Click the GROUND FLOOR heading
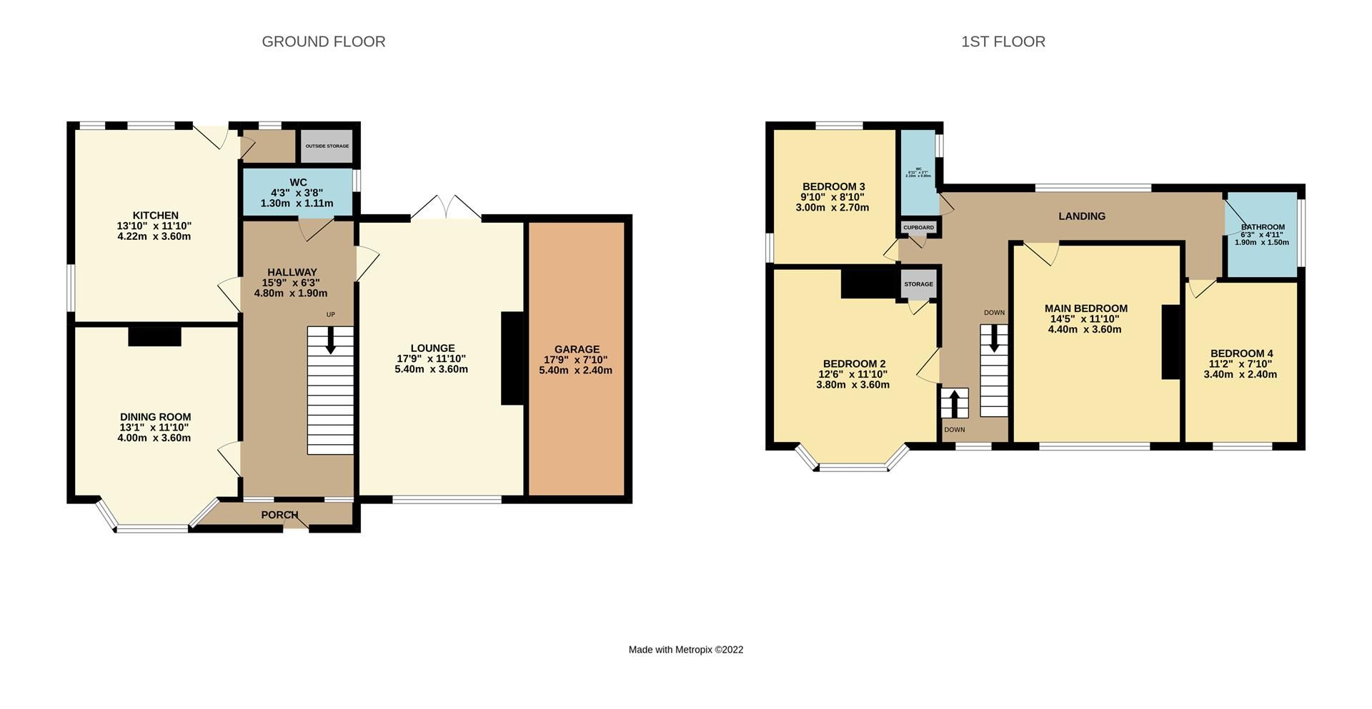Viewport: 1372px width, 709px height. click(324, 42)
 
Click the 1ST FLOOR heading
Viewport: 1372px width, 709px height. click(1003, 42)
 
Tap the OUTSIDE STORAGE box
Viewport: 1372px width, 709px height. click(327, 146)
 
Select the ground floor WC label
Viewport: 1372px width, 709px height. click(298, 183)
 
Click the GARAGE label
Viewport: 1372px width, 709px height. click(577, 349)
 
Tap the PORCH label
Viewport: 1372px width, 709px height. click(279, 515)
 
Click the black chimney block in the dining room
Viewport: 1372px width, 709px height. click(154, 336)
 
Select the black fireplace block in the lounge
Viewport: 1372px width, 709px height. click(513, 358)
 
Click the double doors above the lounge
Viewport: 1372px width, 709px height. click(445, 208)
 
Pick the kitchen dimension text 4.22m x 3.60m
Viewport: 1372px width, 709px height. click(154, 236)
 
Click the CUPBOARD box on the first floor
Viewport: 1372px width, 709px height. click(918, 228)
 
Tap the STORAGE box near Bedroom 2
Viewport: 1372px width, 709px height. click(918, 284)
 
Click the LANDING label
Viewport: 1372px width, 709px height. click(1081, 216)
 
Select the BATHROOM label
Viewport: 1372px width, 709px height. click(1263, 227)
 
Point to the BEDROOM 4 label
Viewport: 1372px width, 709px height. click(1241, 353)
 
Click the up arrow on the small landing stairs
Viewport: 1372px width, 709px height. click(954, 403)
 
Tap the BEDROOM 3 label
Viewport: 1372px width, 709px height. click(833, 187)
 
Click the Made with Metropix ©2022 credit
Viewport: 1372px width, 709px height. click(685, 650)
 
